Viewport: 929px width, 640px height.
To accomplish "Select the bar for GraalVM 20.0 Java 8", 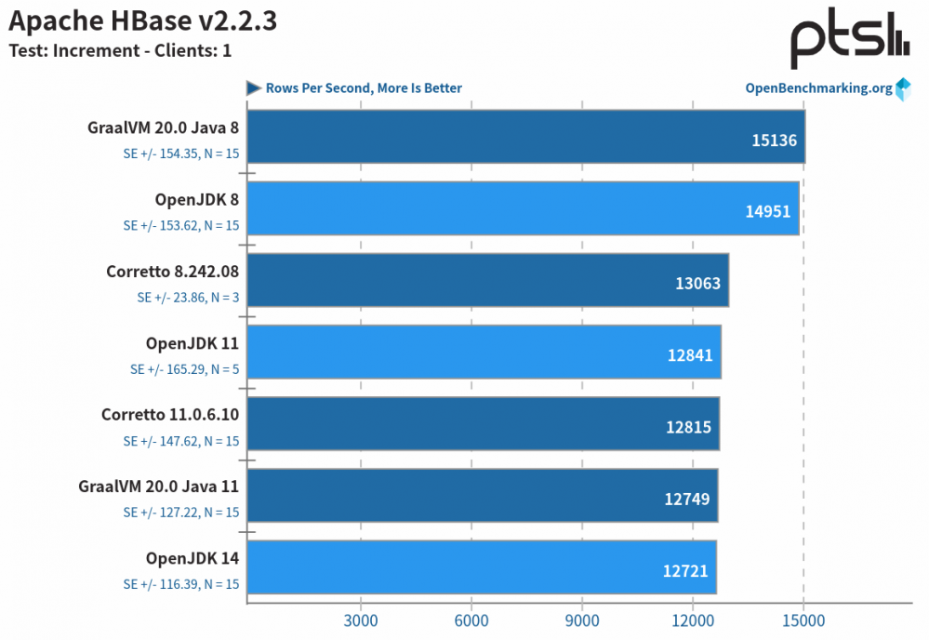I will [525, 137].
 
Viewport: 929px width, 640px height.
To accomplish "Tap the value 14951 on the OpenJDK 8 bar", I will [767, 211].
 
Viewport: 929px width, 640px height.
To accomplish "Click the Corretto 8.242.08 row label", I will [173, 272].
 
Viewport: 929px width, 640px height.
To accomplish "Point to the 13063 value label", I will [697, 283].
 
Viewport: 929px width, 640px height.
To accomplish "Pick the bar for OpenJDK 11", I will [484, 352].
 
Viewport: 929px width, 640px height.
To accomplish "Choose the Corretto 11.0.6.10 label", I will [170, 415].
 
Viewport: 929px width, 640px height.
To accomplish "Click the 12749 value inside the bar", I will [687, 499].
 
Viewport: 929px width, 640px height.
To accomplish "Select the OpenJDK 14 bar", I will [482, 567].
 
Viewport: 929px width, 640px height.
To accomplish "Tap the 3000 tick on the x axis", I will [360, 620].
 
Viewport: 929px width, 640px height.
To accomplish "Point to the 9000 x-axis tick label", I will [582, 620].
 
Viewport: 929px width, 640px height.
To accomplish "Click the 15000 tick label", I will [804, 620].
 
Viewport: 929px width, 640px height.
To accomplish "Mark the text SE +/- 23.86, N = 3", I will [188, 297].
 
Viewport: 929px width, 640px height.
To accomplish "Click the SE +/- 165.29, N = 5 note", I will [184, 369].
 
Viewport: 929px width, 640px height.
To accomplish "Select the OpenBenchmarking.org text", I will [818, 88].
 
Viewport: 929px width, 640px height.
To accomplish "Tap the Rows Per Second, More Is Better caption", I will [364, 88].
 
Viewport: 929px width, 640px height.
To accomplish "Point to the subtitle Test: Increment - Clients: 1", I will [120, 50].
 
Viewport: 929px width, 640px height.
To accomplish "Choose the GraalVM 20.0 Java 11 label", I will [159, 486].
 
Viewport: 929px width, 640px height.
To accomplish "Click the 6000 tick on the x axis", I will [471, 620].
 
